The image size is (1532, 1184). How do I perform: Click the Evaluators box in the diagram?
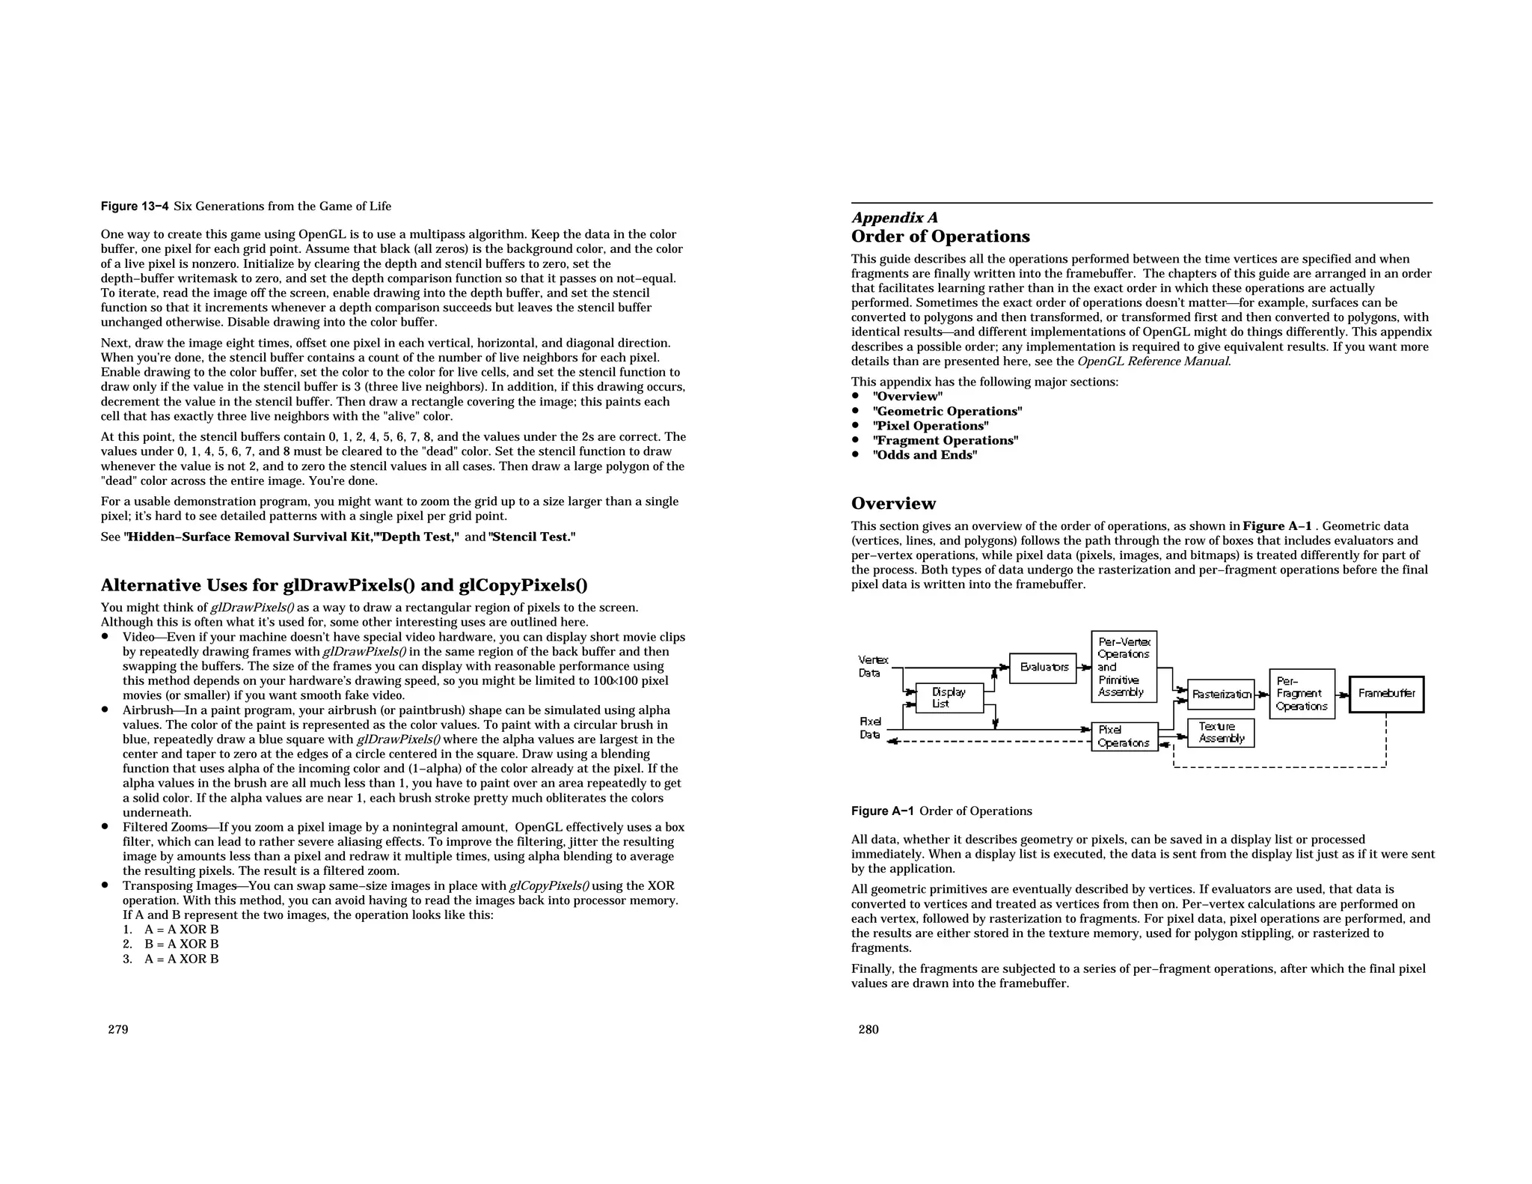[x=1043, y=668]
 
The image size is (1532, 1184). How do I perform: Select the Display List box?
[x=949, y=698]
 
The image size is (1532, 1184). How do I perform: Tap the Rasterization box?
[x=1221, y=694]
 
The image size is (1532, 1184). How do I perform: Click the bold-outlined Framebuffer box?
[x=1386, y=694]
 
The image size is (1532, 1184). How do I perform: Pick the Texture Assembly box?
[x=1221, y=733]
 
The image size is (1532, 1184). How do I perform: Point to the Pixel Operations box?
[x=1124, y=736]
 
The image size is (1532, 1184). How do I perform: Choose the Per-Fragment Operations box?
[x=1302, y=694]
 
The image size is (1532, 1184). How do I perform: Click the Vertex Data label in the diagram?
[x=872, y=666]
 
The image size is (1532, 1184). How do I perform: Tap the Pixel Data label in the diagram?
[x=870, y=728]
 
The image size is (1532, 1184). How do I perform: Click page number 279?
[x=118, y=1029]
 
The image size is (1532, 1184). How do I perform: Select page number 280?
[x=868, y=1029]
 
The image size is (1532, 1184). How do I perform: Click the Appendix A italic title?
[x=894, y=218]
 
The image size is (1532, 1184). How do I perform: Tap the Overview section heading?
[x=893, y=503]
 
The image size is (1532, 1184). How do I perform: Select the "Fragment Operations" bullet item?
[x=945, y=440]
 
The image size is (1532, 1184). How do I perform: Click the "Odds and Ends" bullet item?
[x=925, y=455]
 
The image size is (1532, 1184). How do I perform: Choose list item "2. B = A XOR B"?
[x=171, y=945]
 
